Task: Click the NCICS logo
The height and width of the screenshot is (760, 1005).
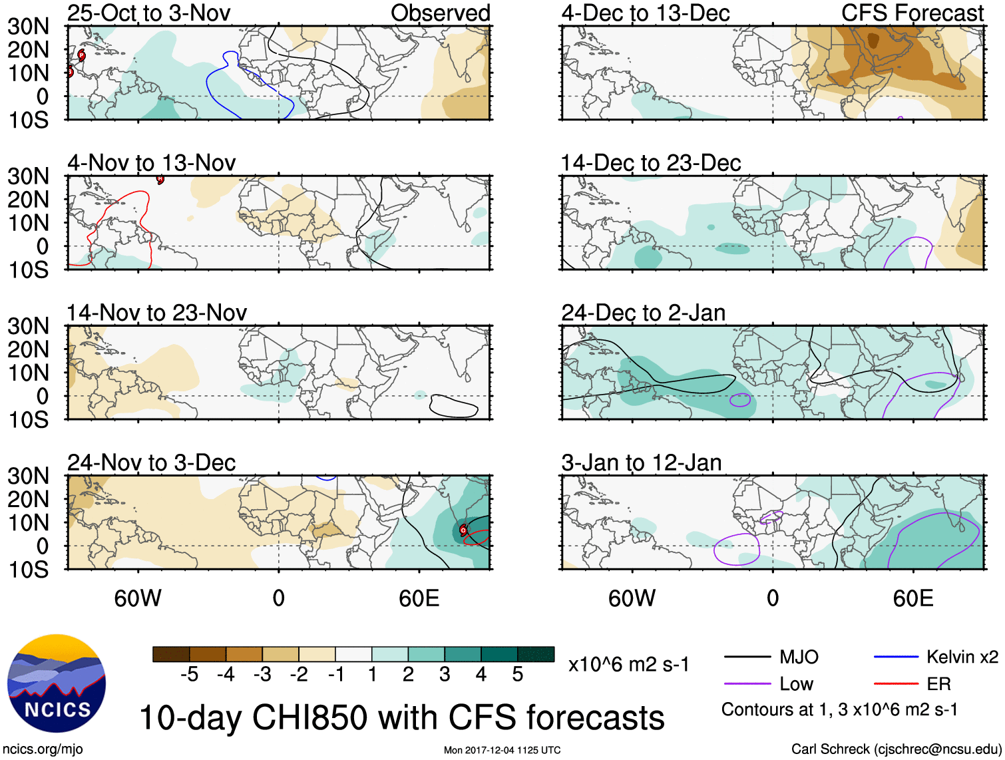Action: [x=57, y=683]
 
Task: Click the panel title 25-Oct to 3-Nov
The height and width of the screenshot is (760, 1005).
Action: [x=148, y=13]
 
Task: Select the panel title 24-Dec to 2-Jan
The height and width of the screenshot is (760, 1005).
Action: [x=643, y=313]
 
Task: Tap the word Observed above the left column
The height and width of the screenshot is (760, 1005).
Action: [x=440, y=13]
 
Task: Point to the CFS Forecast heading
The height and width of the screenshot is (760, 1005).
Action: [x=912, y=13]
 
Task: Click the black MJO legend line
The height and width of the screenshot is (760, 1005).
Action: [x=747, y=657]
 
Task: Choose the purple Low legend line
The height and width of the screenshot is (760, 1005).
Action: [x=747, y=683]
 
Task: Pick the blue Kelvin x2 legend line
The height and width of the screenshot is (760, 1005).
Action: [x=896, y=657]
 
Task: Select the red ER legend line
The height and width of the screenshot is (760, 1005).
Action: [x=896, y=683]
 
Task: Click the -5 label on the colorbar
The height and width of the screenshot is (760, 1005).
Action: [x=189, y=675]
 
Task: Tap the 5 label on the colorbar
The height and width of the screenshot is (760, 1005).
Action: [x=517, y=675]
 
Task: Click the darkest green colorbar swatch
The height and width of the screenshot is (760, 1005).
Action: [x=536, y=654]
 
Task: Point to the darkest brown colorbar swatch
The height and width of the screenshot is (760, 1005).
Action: [x=171, y=654]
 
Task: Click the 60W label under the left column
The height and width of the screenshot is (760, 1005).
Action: [x=138, y=598]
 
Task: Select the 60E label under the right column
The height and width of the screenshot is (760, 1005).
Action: [x=912, y=598]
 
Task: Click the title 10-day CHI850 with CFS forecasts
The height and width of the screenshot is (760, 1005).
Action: [x=401, y=717]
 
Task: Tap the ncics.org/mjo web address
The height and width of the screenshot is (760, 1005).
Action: [x=43, y=749]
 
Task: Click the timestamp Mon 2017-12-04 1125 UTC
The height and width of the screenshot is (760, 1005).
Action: [x=502, y=750]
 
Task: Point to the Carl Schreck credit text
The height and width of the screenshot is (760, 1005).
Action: [x=896, y=749]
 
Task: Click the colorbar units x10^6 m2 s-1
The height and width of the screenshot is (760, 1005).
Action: [x=628, y=664]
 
